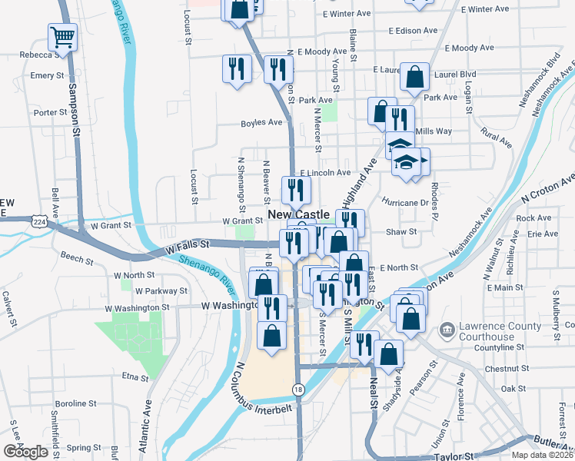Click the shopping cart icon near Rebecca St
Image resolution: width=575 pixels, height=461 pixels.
pos(61,35)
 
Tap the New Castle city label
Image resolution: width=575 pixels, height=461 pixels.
pos(299,214)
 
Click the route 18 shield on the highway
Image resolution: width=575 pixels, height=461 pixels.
pos(297,390)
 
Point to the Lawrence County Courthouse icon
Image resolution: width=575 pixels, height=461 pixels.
pos(447,331)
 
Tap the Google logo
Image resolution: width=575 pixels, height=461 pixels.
pos(26,452)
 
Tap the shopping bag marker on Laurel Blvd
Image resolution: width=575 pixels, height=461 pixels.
pos(415,77)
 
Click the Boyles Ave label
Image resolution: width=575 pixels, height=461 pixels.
pos(261,122)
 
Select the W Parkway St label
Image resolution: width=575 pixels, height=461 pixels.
pos(161,291)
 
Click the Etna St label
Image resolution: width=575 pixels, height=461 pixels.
pos(135,377)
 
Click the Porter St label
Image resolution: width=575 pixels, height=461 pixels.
pos(51,112)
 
